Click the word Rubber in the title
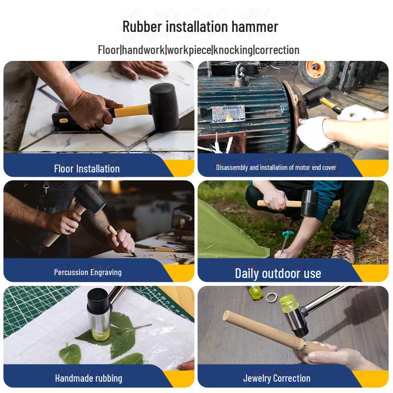pos(142,27)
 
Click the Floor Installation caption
pos(87,168)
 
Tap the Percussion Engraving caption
pos(88,273)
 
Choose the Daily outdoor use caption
pos(278,273)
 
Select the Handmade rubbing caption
pos(88,378)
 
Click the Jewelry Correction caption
pos(277,378)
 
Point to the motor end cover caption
pos(276,168)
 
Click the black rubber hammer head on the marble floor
pos(164,107)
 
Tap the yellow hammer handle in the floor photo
pos(131,111)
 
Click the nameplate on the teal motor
pos(228,114)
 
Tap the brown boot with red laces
pos(342,250)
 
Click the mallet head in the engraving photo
pos(89,198)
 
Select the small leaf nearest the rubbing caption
pos(70,353)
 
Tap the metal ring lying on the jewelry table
pos(272,298)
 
